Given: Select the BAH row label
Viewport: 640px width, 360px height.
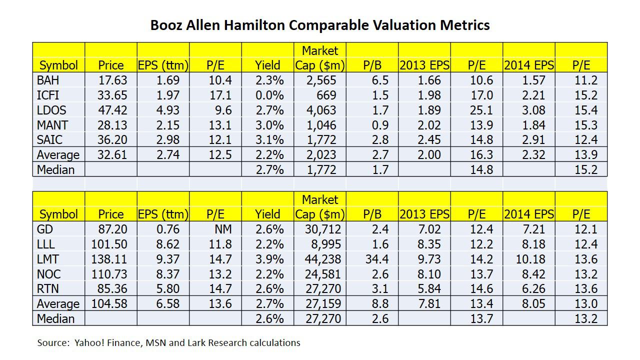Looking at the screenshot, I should coord(48,80).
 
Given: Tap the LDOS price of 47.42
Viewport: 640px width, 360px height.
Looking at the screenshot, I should coord(113,110).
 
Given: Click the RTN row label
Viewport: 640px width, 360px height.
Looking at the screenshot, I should coord(48,289).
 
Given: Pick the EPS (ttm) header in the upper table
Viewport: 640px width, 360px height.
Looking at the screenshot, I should coord(163,65).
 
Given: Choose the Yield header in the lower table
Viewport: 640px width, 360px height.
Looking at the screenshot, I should coord(267,214).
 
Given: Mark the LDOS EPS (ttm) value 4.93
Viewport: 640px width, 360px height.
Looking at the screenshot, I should coord(165,110).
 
